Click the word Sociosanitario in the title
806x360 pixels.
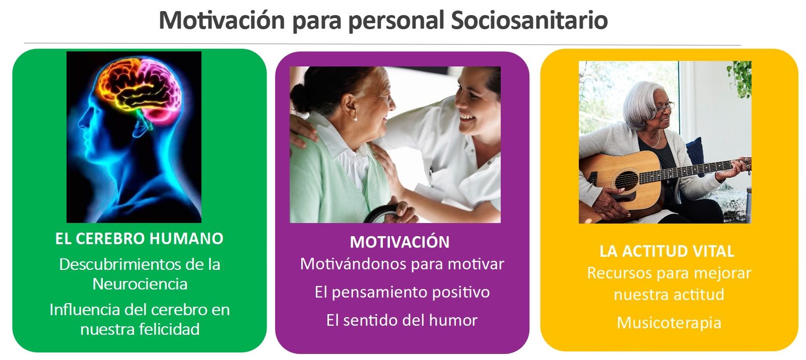529,20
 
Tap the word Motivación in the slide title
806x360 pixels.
222,20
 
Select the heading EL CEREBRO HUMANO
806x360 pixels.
139,239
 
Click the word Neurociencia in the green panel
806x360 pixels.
140,284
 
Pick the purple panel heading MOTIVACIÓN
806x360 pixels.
400,242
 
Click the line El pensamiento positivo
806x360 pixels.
402,293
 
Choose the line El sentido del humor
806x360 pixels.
401,320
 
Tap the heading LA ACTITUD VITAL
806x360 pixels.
666,251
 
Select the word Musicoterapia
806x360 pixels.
669,323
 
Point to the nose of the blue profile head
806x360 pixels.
81,124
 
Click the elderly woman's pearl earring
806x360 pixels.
356,118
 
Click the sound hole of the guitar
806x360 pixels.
627,180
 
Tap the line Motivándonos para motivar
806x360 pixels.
402,264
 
